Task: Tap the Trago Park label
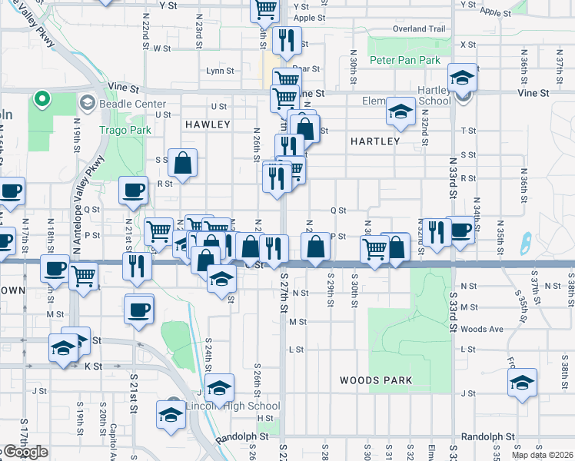tap(116, 130)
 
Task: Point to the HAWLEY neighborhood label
tap(208, 124)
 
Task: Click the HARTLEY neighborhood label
tap(375, 141)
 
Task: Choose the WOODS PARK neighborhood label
tap(376, 380)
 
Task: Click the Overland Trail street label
tap(419, 29)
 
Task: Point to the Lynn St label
tap(220, 71)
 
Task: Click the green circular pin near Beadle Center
tap(42, 99)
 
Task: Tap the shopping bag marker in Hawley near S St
tap(184, 162)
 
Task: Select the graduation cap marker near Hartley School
tap(462, 78)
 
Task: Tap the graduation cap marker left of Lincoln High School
tap(171, 414)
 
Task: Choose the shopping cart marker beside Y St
tap(265, 9)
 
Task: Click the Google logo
tap(25, 453)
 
